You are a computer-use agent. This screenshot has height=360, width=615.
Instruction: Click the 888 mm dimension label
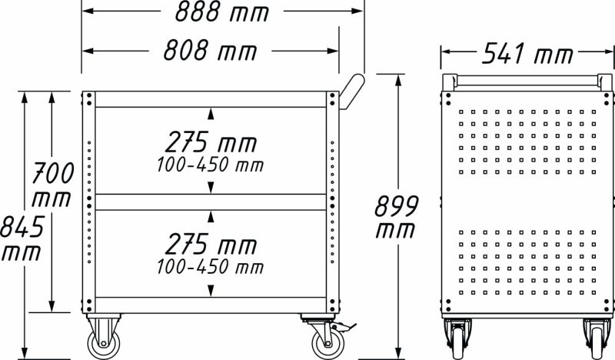(222, 12)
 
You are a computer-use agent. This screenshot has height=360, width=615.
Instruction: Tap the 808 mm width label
(210, 51)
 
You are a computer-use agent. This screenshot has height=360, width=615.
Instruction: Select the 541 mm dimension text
(527, 53)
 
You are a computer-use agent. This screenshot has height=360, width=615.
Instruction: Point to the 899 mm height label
(396, 217)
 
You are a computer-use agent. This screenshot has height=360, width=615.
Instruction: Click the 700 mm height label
(52, 185)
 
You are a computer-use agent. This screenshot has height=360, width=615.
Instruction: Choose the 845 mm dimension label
(22, 238)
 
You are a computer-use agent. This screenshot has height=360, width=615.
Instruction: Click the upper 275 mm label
(211, 142)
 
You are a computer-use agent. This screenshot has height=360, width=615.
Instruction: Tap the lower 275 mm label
(211, 244)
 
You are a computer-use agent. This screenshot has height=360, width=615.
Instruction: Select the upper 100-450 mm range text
(210, 165)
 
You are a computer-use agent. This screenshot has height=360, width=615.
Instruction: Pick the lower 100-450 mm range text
(210, 268)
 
